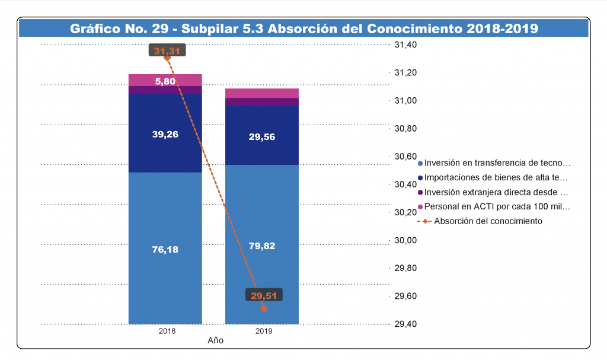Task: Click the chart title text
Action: [x=303, y=28]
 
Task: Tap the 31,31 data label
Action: [x=167, y=51]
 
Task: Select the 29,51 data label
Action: [x=264, y=296]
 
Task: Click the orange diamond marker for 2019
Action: [x=264, y=308]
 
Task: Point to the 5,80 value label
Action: [x=165, y=81]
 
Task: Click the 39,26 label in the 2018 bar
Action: [x=165, y=134]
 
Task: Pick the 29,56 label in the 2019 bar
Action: [x=262, y=137]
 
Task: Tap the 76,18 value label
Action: [x=165, y=249]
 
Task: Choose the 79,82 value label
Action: [x=262, y=246]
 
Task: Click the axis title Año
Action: [x=215, y=341]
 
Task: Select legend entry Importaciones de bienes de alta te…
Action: [x=496, y=177]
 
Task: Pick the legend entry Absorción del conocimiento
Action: [x=488, y=221]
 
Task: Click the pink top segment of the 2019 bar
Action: [x=262, y=93]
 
